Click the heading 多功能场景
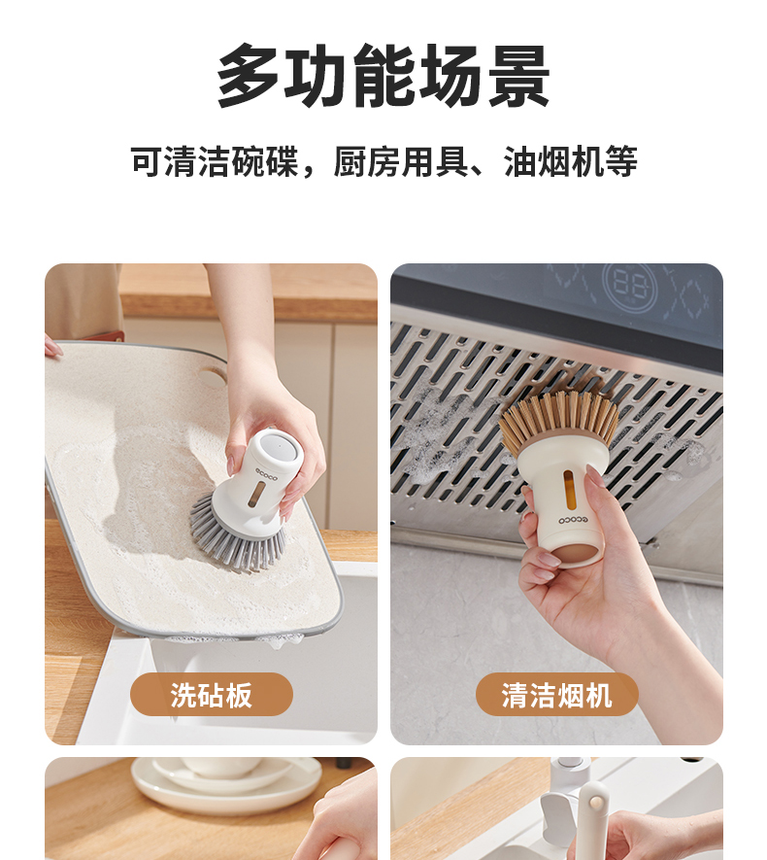tap(383, 75)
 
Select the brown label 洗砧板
tap(212, 695)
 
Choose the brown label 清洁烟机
tap(556, 695)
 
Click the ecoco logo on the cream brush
tap(573, 519)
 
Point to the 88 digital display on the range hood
tap(628, 285)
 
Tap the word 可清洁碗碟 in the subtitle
tap(215, 162)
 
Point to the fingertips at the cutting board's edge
tap(53, 347)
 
